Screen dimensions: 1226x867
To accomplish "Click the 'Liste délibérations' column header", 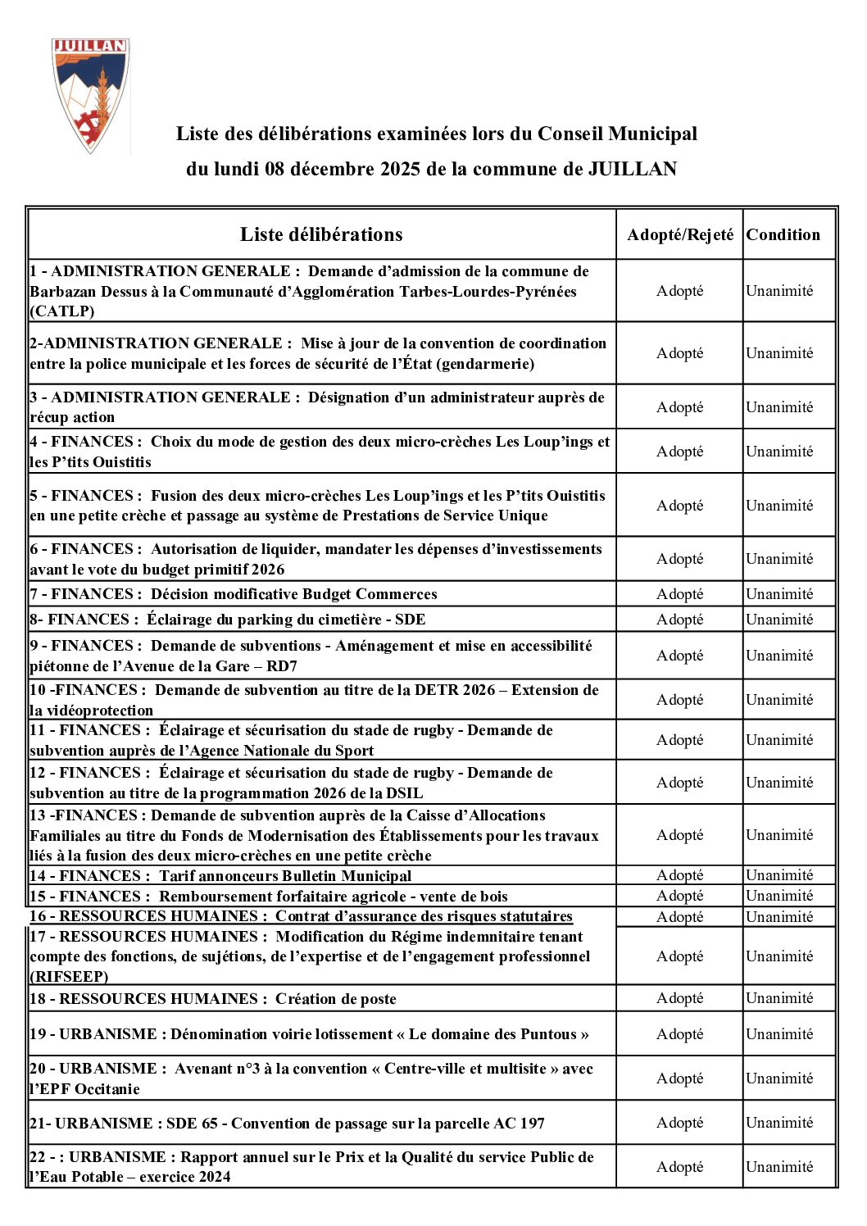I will [321, 235].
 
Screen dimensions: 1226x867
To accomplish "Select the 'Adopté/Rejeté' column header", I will [680, 235].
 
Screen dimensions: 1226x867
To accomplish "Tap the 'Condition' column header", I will [783, 235].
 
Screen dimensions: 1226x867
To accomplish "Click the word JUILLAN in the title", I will [633, 170].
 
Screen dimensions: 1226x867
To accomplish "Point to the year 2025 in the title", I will [400, 170].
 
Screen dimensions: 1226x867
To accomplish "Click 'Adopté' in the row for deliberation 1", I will [679, 291].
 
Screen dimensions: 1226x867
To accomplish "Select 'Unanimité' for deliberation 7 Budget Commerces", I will [779, 594].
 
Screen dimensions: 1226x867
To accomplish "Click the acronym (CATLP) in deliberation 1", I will [62, 311].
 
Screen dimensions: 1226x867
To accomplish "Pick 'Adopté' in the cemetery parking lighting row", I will [679, 620].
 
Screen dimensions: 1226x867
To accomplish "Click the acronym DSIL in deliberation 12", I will [402, 793].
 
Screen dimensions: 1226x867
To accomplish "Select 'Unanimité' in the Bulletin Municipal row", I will [779, 875].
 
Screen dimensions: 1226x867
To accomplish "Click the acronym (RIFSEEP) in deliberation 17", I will [70, 977].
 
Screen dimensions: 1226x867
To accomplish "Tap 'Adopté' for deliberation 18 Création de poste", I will [679, 998].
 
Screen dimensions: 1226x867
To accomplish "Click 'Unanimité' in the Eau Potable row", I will [779, 1167].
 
